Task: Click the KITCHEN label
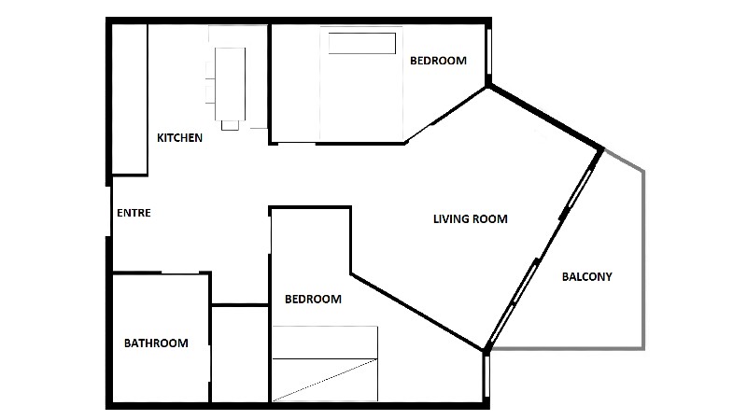pos(179,137)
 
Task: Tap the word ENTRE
pos(134,213)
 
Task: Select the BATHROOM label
pos(156,343)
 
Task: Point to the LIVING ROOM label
pos(471,219)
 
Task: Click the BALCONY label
pos(587,276)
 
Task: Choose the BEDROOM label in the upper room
pos(438,61)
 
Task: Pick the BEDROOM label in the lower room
pos(313,299)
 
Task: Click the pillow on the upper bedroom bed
pos(362,43)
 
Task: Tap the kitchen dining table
pos(230,84)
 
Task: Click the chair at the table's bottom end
pos(230,125)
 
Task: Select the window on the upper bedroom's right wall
pos(488,51)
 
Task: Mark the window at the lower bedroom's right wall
pos(486,376)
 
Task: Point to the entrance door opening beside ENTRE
pos(108,211)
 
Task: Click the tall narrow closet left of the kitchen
pos(130,99)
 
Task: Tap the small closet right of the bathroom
pos(240,354)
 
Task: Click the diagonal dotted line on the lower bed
pos(325,380)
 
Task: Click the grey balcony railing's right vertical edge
pos(643,260)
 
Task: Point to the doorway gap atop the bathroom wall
pos(180,273)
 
